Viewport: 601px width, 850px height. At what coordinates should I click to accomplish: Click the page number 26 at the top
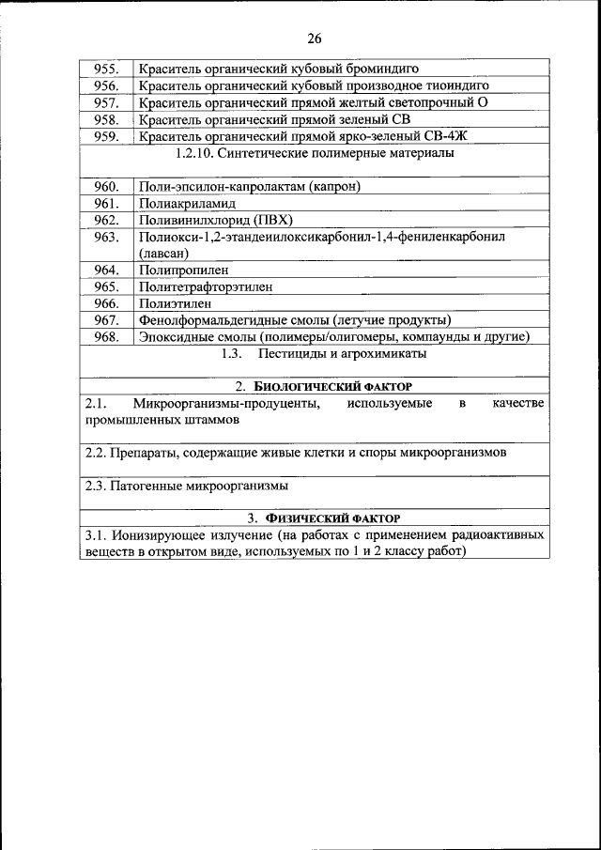313,39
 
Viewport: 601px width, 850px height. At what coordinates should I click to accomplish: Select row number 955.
106,69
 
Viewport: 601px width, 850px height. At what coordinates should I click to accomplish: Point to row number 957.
106,102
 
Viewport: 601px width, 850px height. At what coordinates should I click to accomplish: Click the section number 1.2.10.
198,153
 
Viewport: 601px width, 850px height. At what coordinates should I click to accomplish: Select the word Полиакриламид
187,204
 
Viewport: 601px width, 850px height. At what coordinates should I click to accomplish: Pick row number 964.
106,270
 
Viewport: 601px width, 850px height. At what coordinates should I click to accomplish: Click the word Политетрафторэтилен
206,287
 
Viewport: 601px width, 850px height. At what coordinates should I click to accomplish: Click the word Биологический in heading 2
306,387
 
